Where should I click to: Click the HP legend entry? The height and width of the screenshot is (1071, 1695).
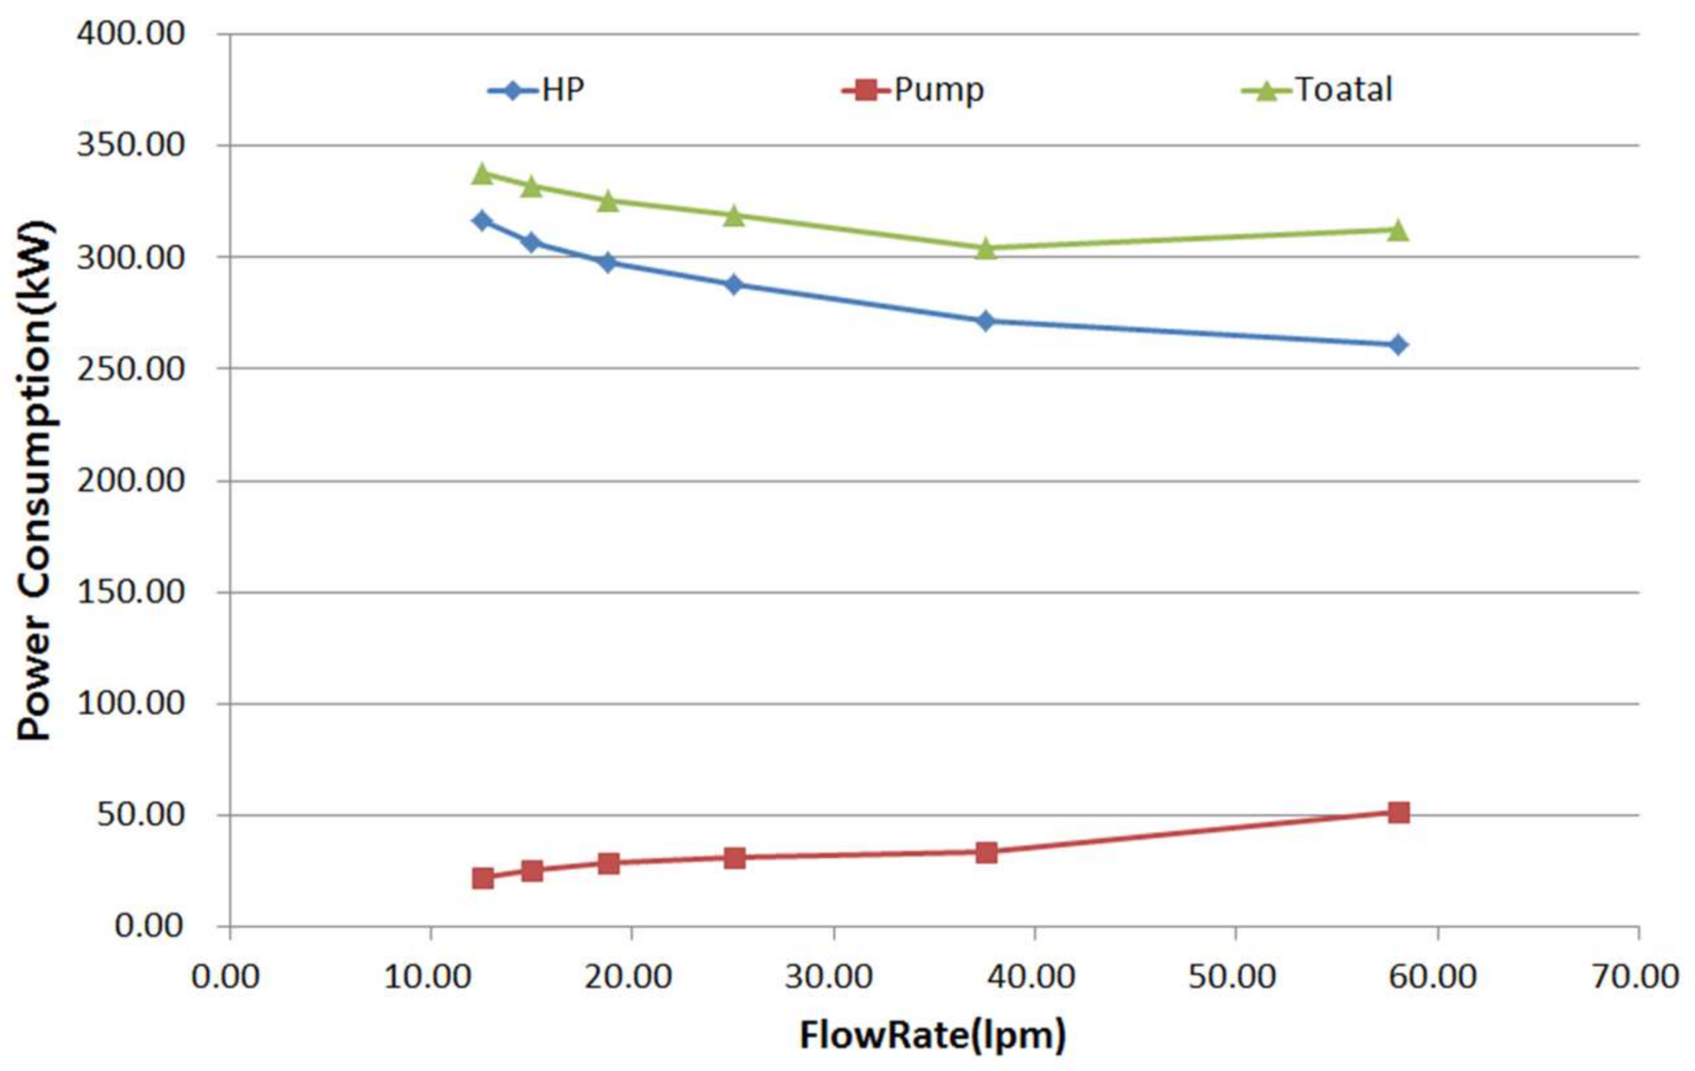[x=537, y=90]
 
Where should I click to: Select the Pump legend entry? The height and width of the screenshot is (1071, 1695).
[x=912, y=90]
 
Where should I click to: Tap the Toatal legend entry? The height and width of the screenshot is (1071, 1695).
[x=1317, y=90]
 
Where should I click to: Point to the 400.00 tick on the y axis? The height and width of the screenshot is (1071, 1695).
[x=131, y=33]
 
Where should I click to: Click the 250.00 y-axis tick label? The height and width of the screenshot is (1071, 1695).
[x=131, y=369]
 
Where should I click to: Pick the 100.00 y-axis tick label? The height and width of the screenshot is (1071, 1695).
[x=131, y=704]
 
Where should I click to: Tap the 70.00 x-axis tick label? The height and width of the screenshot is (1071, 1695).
[x=1635, y=977]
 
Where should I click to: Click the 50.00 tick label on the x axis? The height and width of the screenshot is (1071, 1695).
[x=1232, y=977]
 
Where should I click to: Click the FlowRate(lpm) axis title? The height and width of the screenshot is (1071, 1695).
[x=933, y=1036]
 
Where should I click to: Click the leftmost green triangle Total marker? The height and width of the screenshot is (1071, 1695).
[x=483, y=174]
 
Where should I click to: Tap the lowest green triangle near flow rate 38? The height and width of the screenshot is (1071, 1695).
[x=986, y=248]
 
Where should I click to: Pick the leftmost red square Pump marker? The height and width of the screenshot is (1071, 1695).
[x=483, y=878]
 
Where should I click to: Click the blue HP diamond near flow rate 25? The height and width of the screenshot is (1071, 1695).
[x=733, y=284]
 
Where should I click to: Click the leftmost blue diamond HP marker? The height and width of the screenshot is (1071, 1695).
[x=483, y=220]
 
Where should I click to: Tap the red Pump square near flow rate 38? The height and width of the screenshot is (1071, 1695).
[x=986, y=852]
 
